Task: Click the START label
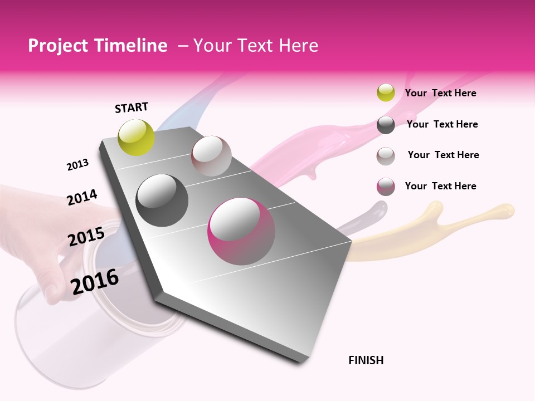(132, 107)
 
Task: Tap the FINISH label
(366, 360)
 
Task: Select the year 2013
(78, 165)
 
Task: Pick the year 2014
(82, 197)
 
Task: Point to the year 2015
(86, 237)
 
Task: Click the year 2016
(95, 281)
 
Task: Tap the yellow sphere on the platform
(137, 137)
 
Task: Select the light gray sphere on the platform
(211, 156)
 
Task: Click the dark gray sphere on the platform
(162, 200)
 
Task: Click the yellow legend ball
(386, 92)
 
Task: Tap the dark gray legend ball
(386, 125)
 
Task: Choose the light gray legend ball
(386, 155)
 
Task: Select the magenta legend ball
(386, 187)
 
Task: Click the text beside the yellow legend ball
(440, 93)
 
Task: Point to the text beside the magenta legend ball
(440, 186)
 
